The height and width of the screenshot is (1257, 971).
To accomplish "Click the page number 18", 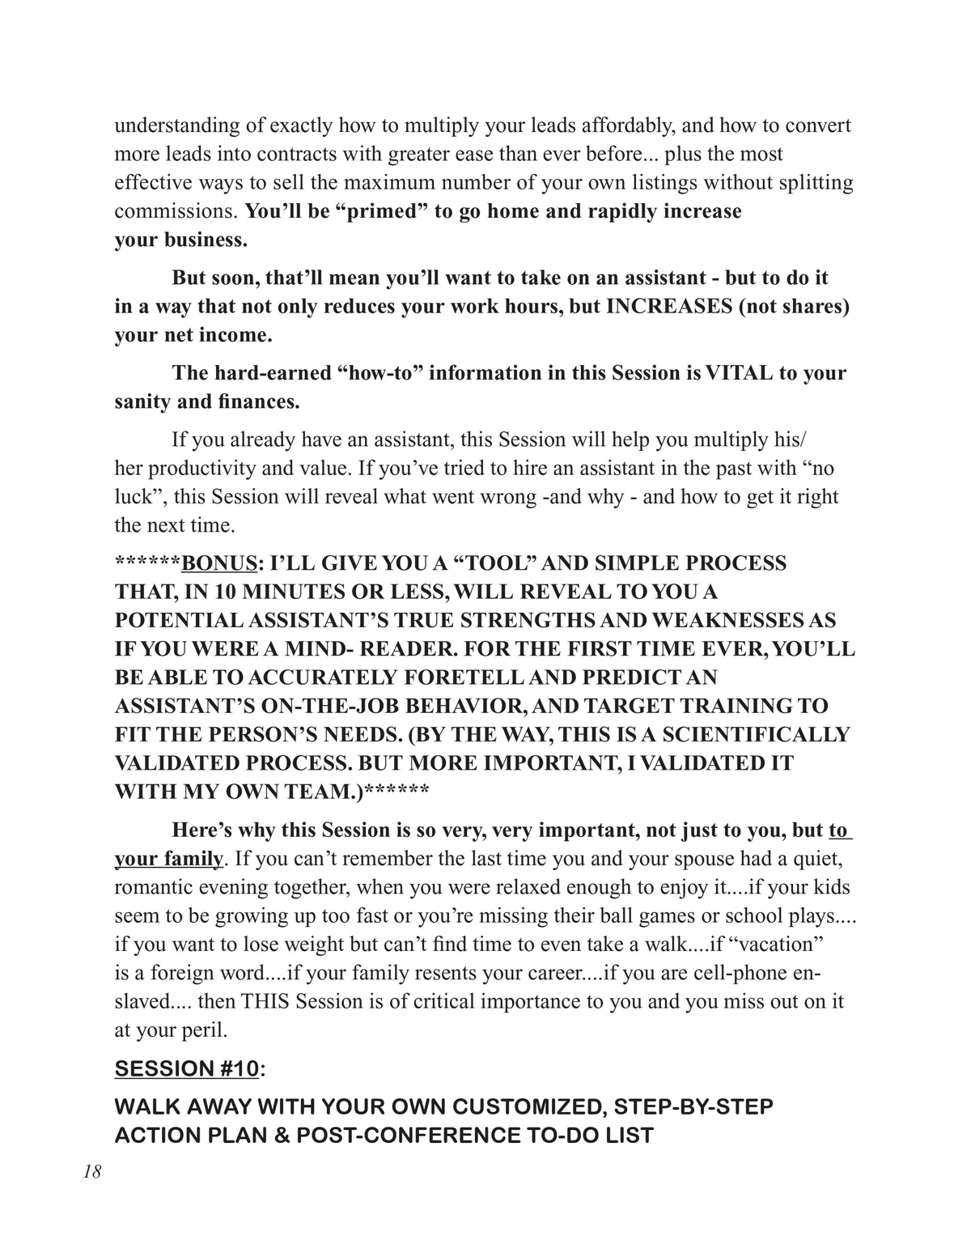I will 91,1171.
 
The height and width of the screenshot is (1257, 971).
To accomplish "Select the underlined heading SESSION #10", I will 186,1068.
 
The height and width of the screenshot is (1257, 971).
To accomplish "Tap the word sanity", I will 142,402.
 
